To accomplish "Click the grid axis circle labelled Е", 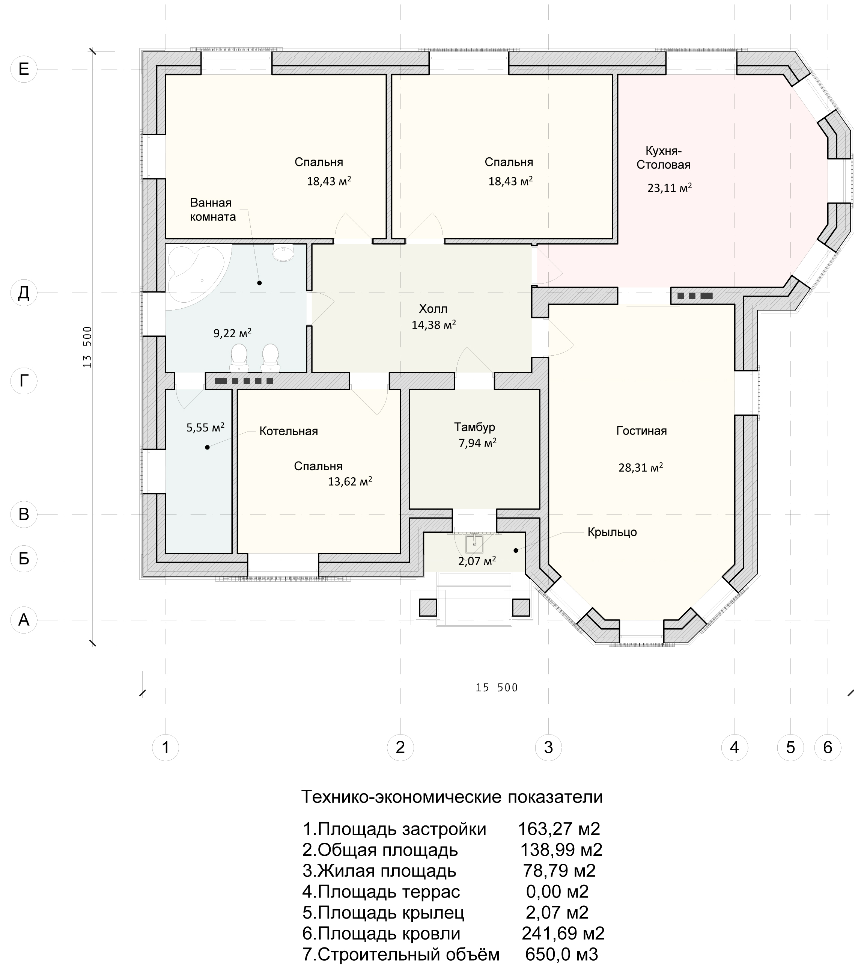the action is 24,69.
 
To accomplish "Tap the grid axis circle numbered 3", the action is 548,748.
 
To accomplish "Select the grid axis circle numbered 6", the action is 828,748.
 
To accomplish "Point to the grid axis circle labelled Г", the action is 24,381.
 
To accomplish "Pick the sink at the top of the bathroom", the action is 283,253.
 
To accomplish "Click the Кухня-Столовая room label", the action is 664,158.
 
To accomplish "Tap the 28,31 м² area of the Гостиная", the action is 640,468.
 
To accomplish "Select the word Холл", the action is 433,309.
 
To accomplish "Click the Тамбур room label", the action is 474,427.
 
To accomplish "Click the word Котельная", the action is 289,431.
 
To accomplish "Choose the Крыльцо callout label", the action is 612,532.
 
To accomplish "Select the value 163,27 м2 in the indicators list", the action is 559,829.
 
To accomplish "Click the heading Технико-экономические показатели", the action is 452,797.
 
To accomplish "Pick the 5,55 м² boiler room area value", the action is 205,427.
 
